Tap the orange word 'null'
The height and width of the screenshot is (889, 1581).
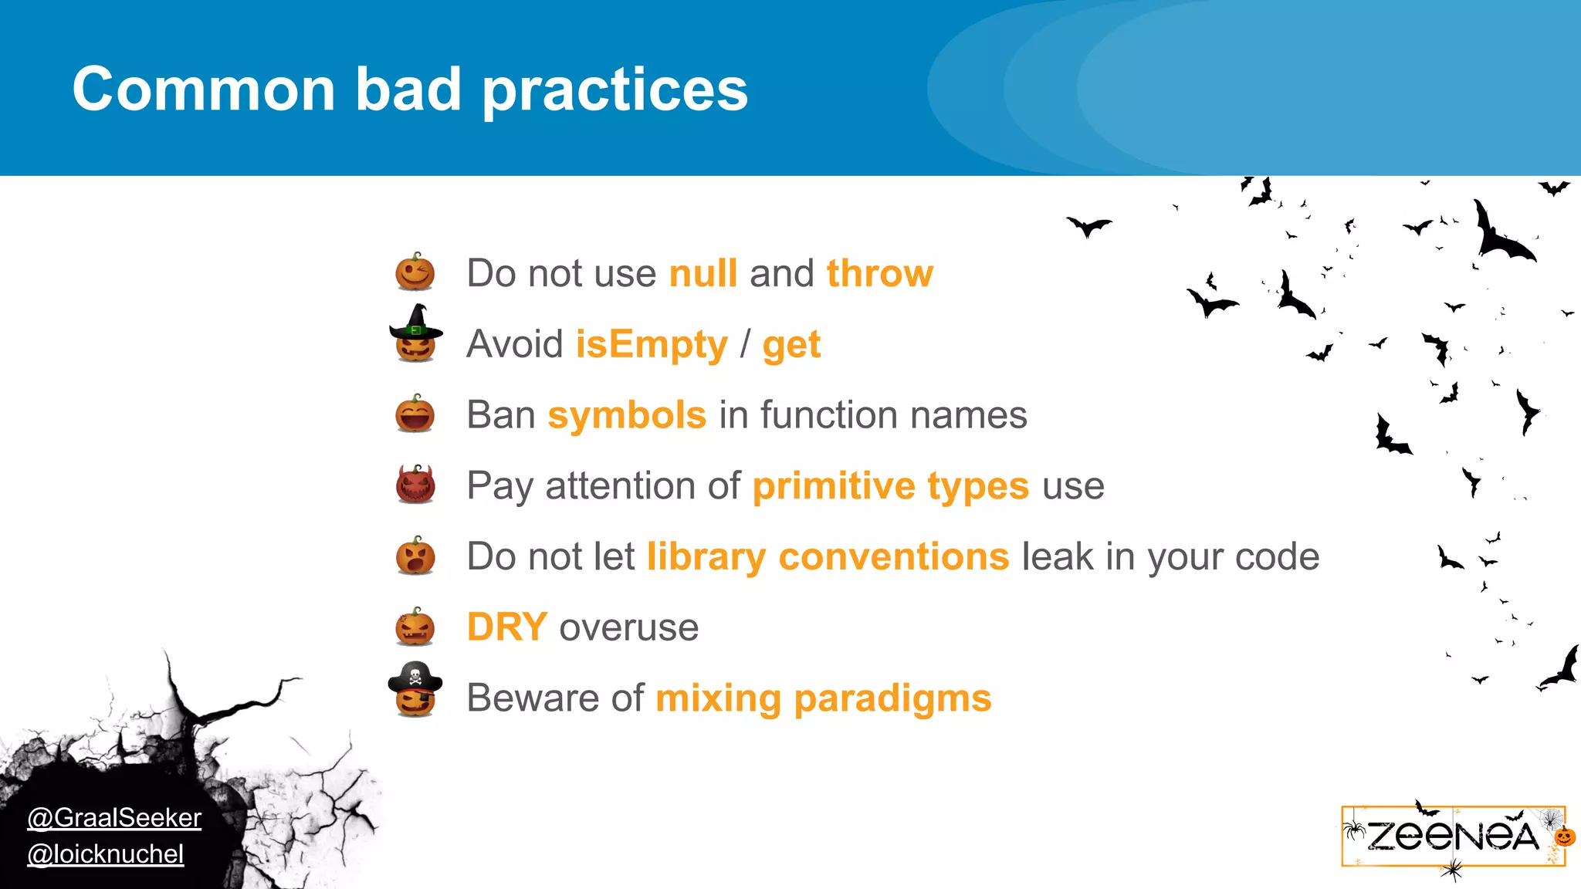pyautogui.click(x=703, y=273)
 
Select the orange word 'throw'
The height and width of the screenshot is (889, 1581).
pyautogui.click(x=879, y=273)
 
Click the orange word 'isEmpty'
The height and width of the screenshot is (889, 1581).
pyautogui.click(x=652, y=344)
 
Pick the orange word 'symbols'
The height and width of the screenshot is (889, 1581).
pyautogui.click(x=627, y=415)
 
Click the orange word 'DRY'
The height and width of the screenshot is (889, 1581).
pyautogui.click(x=507, y=627)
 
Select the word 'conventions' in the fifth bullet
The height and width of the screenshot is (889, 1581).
pyautogui.click(x=894, y=556)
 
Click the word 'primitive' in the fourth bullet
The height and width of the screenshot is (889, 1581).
pyautogui.click(x=834, y=486)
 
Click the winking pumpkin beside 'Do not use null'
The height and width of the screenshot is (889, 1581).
pyautogui.click(x=415, y=272)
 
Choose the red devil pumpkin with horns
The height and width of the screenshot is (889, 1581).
pyautogui.click(x=415, y=485)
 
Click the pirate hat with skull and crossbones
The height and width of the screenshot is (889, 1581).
pyautogui.click(x=415, y=677)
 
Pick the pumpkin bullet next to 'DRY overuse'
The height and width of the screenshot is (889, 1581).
pyautogui.click(x=415, y=626)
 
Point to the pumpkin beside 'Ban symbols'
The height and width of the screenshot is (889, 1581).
pyautogui.click(x=415, y=414)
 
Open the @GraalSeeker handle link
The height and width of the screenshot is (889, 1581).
pyautogui.click(x=114, y=817)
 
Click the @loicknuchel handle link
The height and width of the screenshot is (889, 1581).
pyautogui.click(x=106, y=854)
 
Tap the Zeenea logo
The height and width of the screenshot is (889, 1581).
pyautogui.click(x=1452, y=837)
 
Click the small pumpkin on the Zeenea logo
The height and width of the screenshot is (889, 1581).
pyautogui.click(x=1564, y=837)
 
